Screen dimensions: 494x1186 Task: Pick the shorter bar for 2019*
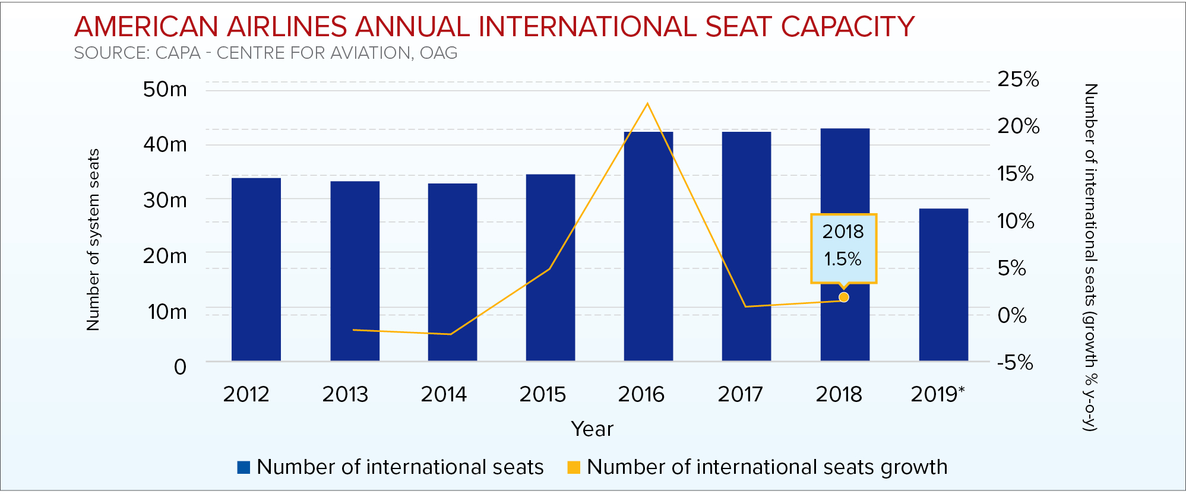click(x=943, y=284)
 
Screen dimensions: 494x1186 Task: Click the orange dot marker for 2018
click(x=843, y=297)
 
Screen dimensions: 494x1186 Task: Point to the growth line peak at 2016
click(x=647, y=104)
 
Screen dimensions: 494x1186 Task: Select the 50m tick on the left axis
click(x=165, y=89)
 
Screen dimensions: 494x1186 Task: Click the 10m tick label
click(x=167, y=311)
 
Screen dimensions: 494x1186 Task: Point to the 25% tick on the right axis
click(x=1018, y=79)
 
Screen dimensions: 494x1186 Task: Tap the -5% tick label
click(x=1015, y=362)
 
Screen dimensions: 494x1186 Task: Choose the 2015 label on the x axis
click(x=542, y=394)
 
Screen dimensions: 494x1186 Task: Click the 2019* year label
click(x=937, y=394)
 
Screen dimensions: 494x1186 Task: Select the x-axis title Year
click(x=592, y=429)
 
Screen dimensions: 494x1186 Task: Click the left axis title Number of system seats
click(x=93, y=239)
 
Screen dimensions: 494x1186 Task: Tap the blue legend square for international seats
click(x=243, y=467)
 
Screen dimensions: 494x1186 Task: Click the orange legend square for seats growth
click(x=574, y=467)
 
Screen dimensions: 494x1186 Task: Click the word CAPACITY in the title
click(x=847, y=27)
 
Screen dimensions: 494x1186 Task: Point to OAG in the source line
click(x=438, y=53)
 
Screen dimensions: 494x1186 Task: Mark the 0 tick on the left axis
click(x=180, y=367)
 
